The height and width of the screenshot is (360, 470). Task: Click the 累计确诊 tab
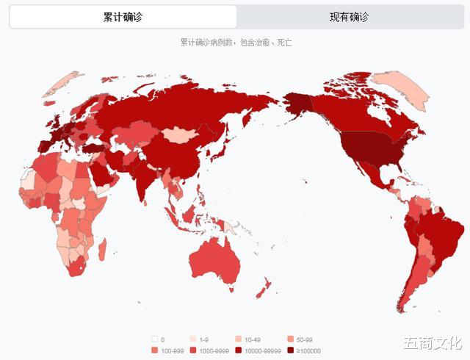(123, 17)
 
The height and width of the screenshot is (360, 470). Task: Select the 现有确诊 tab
(349, 17)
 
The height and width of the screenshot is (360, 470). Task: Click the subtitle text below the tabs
(236, 43)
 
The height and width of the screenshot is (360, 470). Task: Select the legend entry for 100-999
(168, 350)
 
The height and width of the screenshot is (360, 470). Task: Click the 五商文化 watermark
(431, 342)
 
